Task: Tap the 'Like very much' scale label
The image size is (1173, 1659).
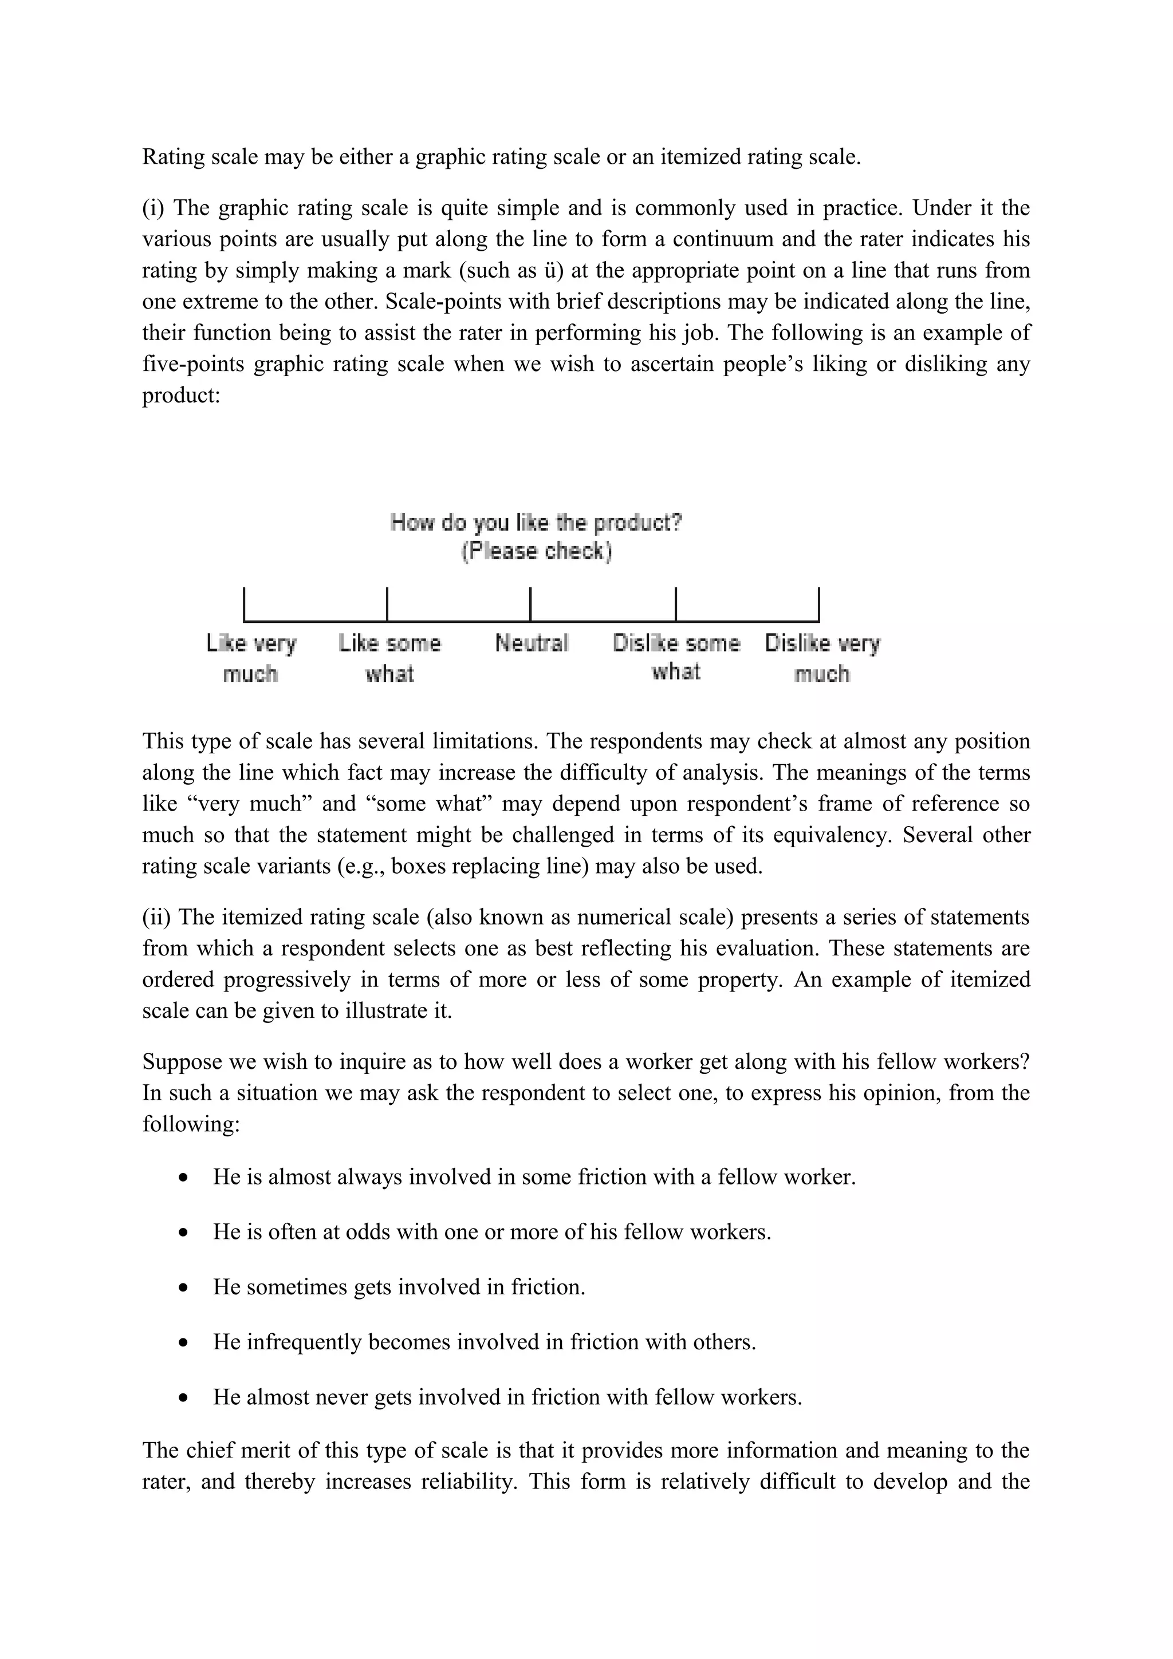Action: [x=251, y=658]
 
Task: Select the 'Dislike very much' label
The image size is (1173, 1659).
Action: [x=822, y=658]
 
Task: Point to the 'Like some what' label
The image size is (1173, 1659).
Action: [x=389, y=658]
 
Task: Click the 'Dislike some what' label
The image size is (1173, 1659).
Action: [x=676, y=656]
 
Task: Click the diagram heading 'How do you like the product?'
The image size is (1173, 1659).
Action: [x=536, y=523]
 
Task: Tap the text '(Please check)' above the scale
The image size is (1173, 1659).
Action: [x=536, y=551]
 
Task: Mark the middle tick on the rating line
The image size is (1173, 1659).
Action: [x=530, y=605]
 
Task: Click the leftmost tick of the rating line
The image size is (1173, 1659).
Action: [x=245, y=605]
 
